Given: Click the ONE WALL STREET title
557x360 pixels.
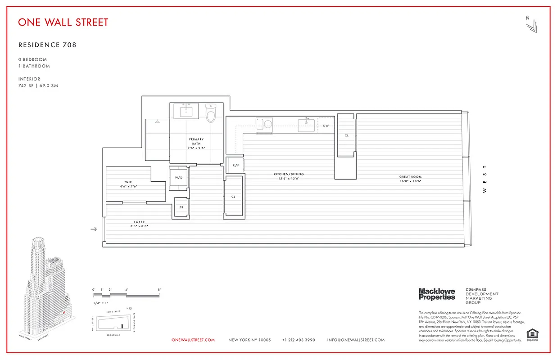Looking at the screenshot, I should [x=63, y=22].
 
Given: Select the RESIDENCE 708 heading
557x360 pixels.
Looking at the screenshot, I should [x=47, y=45].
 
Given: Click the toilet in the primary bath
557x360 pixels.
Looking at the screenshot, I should [x=211, y=114].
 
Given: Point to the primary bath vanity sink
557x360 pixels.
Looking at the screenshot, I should [x=186, y=110].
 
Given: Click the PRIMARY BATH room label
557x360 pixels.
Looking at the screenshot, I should [x=196, y=143].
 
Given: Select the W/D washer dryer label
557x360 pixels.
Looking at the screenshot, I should [x=179, y=178].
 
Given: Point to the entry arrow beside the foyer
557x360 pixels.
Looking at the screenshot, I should [x=94, y=229].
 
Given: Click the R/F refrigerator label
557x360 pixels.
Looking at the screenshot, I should [x=235, y=166].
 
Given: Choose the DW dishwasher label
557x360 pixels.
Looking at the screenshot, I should [x=326, y=126].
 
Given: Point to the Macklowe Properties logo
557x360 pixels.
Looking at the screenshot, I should [x=437, y=294].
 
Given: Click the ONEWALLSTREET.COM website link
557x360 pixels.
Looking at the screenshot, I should [x=193, y=340].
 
